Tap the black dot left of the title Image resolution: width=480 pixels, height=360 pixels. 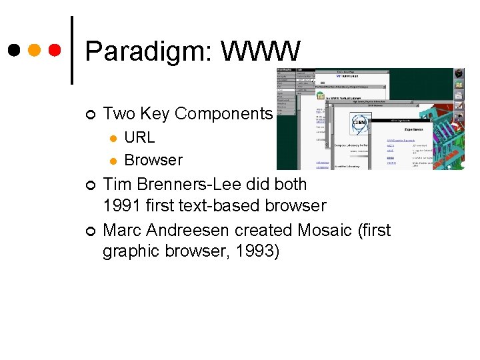13,50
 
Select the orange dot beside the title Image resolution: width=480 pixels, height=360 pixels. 35,50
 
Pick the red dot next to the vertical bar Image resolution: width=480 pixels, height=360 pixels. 55,50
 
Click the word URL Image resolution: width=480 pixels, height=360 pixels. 139,137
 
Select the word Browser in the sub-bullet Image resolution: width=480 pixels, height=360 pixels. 153,160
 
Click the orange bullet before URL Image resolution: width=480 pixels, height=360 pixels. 113,139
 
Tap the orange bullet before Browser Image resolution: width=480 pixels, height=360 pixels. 113,161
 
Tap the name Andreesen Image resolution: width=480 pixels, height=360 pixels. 188,230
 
